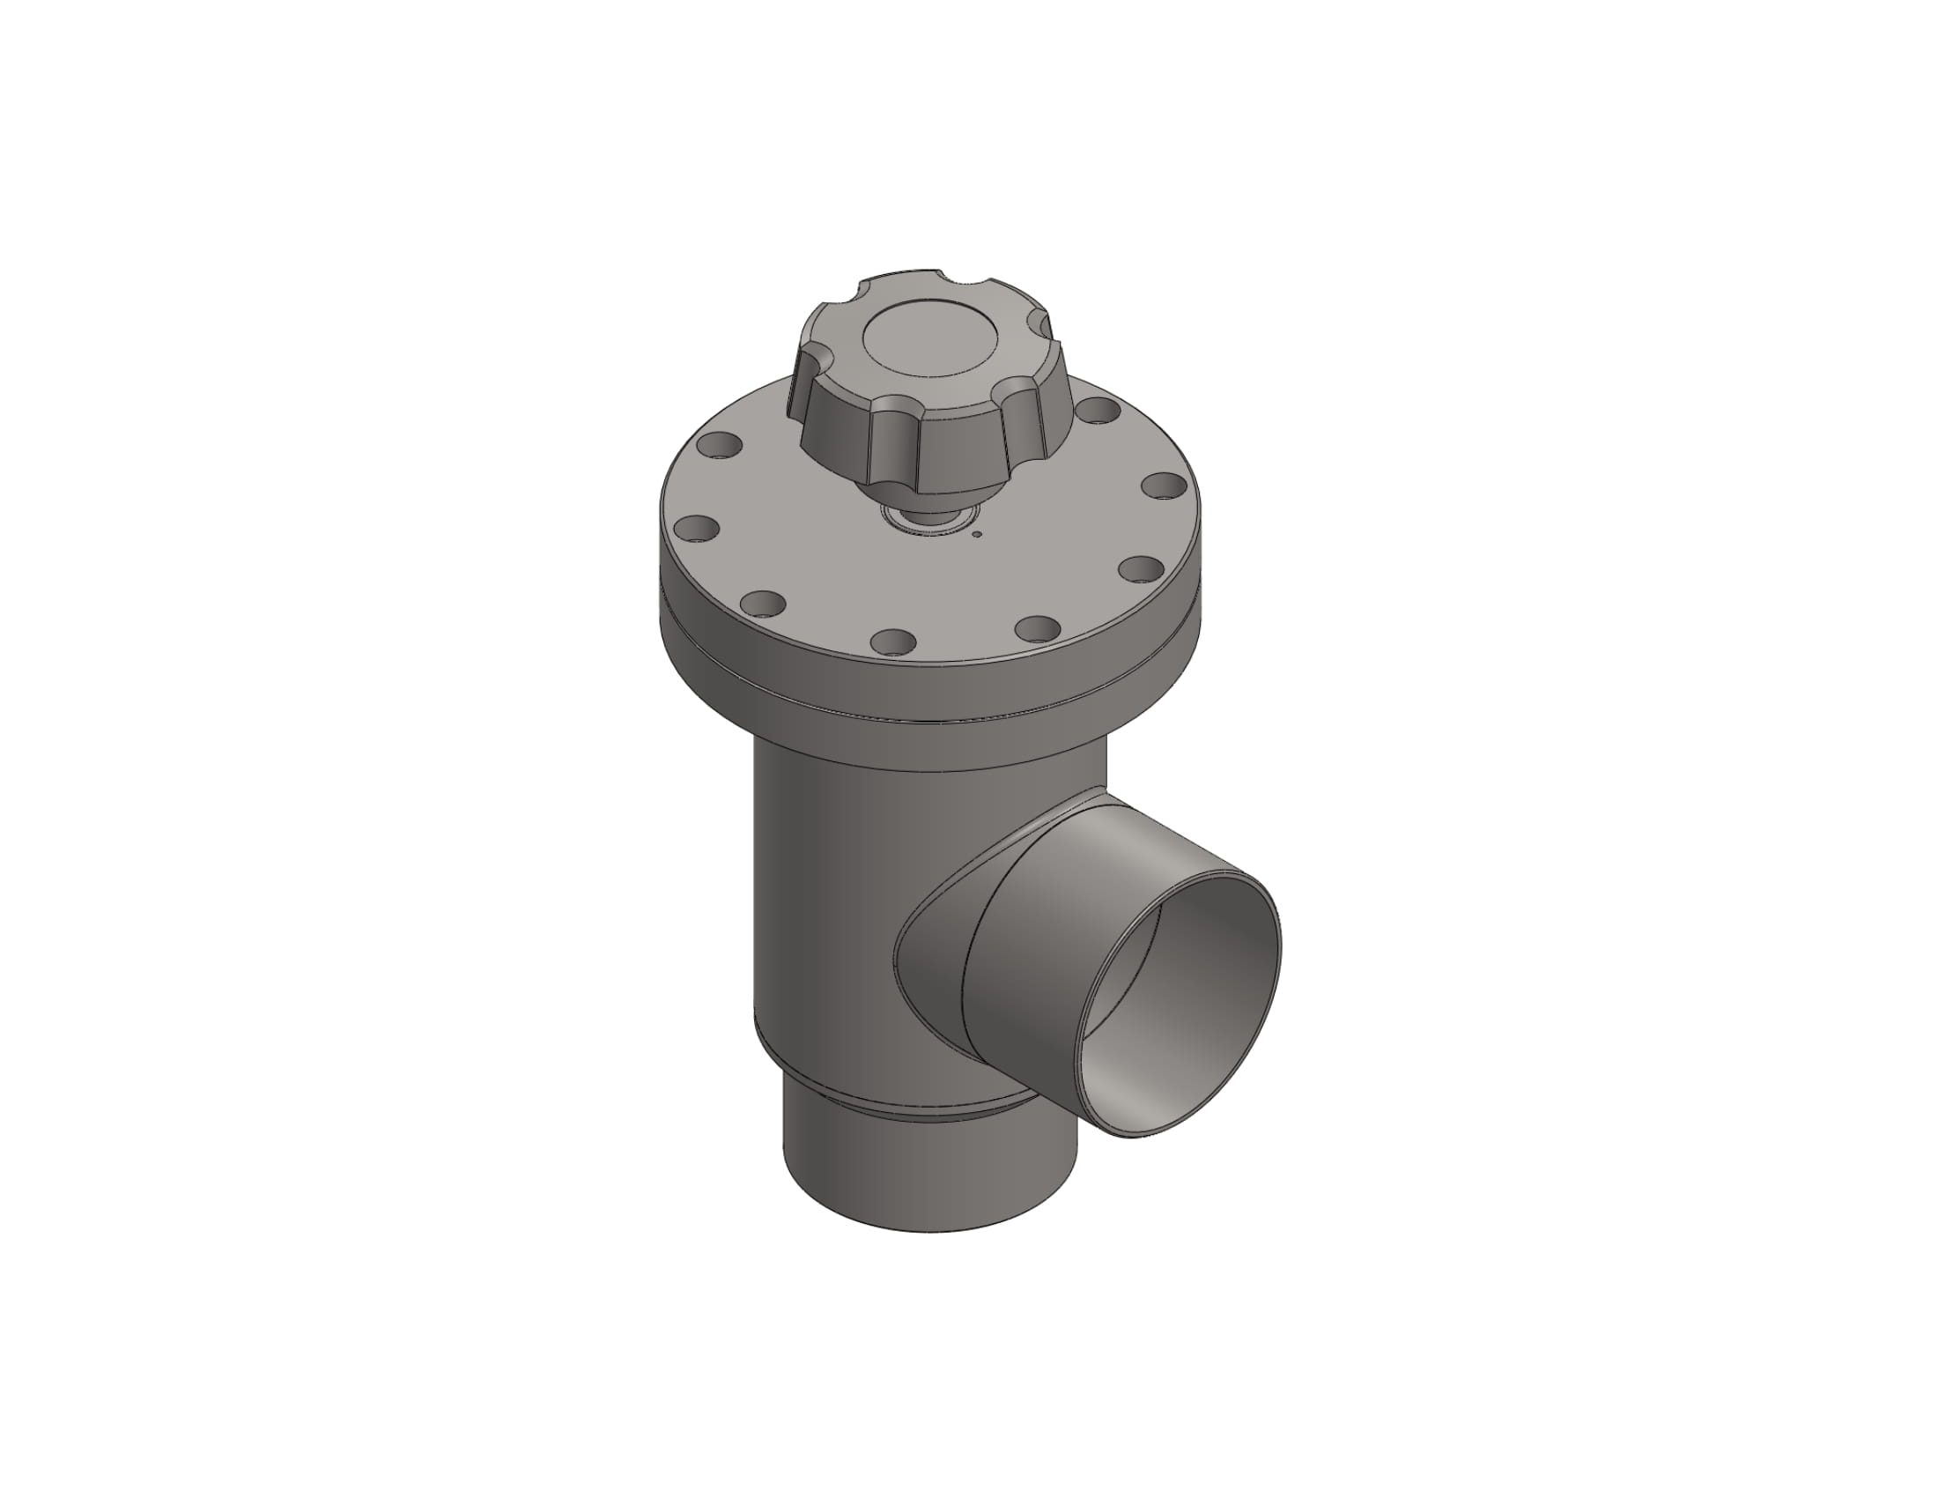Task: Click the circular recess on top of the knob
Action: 928,346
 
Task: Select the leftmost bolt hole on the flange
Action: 696,530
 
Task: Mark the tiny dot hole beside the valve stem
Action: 977,534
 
